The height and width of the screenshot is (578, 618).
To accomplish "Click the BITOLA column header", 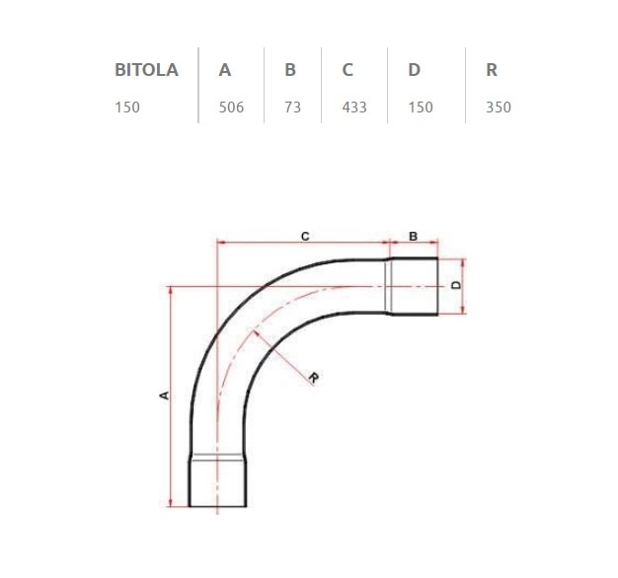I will pyautogui.click(x=146, y=70).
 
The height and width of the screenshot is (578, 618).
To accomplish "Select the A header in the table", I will pyautogui.click(x=225, y=70).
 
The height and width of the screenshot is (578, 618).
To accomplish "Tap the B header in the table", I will pyautogui.click(x=290, y=70).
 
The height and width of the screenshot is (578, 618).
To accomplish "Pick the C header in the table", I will pyautogui.click(x=348, y=70).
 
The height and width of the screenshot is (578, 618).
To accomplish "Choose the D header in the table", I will pyautogui.click(x=414, y=70).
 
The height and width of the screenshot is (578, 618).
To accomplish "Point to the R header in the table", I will pyautogui.click(x=492, y=70).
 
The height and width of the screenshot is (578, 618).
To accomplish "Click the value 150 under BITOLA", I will pyautogui.click(x=127, y=107).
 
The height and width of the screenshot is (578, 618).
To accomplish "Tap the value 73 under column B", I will pyautogui.click(x=292, y=107).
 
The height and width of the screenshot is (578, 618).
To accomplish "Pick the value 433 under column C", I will pyautogui.click(x=353, y=107).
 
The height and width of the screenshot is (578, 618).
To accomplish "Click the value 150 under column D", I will pyautogui.click(x=420, y=107).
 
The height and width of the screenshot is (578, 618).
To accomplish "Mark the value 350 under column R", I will pyautogui.click(x=499, y=107).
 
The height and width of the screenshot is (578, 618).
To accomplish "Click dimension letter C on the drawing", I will pyautogui.click(x=305, y=236).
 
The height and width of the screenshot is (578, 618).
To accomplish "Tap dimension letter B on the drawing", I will pyautogui.click(x=413, y=236).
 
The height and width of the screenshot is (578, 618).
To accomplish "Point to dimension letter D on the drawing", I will pyautogui.click(x=455, y=285).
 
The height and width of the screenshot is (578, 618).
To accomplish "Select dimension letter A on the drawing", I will pyautogui.click(x=164, y=395).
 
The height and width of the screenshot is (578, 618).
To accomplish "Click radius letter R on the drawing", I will pyautogui.click(x=312, y=378).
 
